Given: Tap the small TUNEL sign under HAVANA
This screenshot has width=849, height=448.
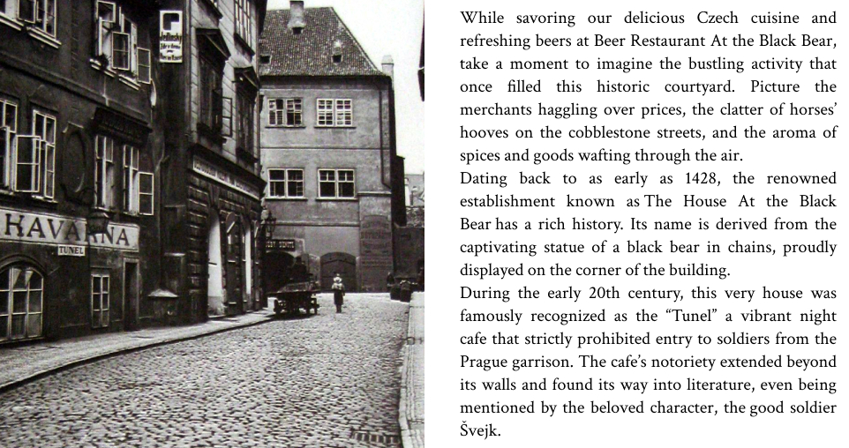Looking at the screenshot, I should coord(71,250).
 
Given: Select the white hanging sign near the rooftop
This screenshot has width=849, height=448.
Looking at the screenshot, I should coord(170,36).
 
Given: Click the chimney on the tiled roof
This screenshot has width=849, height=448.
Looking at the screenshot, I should coord(297,15).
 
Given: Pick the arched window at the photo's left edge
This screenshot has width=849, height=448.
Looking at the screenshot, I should coord(19,302).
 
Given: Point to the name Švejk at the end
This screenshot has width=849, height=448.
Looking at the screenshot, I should coord(480,430).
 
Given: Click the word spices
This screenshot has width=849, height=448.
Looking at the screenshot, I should coord(483,155).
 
